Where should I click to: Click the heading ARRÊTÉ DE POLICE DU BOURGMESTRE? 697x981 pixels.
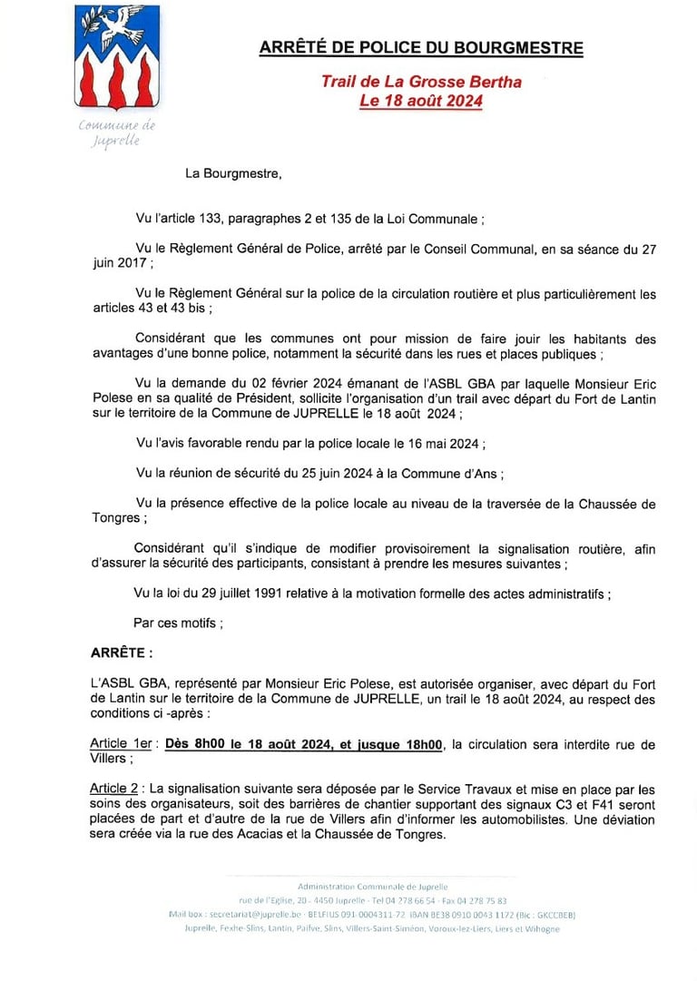coord(421,48)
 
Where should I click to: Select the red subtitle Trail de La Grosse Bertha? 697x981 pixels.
coord(421,82)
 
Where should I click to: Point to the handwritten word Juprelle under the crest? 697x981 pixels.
coord(116,142)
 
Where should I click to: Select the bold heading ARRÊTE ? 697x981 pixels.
coord(122,652)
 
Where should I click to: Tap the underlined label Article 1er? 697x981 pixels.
coord(123,745)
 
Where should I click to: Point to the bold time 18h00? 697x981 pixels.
coord(419,745)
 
